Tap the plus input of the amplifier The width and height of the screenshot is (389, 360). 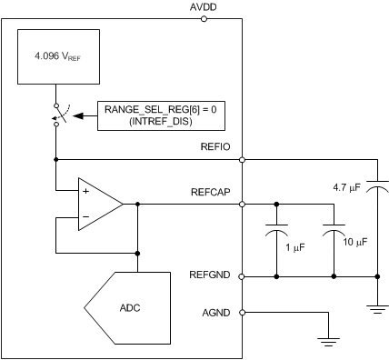pyautogui.click(x=85, y=192)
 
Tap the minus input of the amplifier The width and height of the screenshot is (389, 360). pyautogui.click(x=85, y=217)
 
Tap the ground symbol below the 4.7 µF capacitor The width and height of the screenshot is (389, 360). pyautogui.click(x=375, y=309)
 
